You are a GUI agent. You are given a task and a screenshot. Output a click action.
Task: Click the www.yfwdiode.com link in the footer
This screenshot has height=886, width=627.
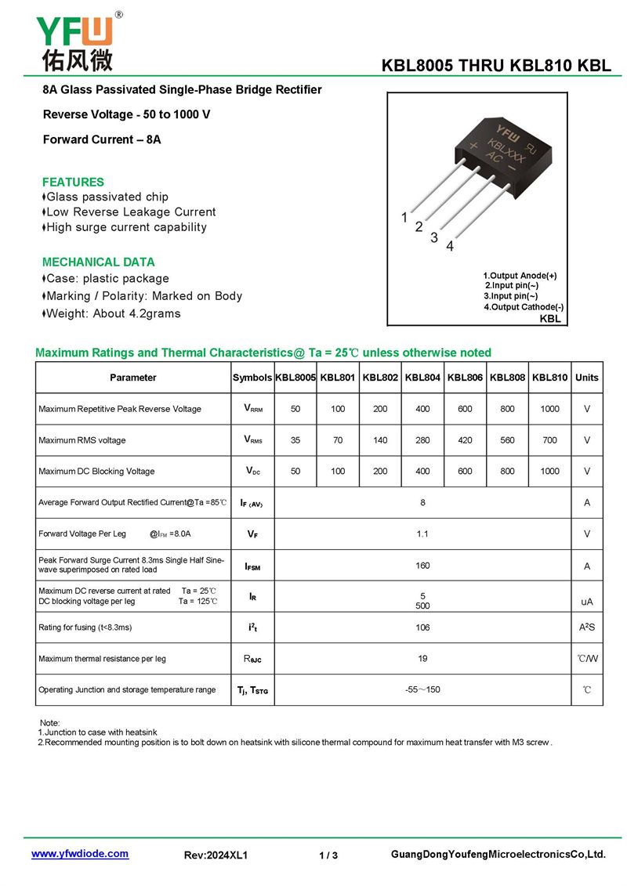pyautogui.click(x=80, y=854)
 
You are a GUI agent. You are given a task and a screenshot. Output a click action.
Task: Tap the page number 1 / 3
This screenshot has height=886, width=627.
pyautogui.click(x=328, y=855)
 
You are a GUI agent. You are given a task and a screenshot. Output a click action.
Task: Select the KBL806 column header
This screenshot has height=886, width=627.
pyautogui.click(x=466, y=378)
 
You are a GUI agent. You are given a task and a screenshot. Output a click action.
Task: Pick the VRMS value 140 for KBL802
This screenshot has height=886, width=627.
pyautogui.click(x=380, y=440)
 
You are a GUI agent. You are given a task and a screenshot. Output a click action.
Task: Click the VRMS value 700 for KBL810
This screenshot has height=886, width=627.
pyautogui.click(x=550, y=440)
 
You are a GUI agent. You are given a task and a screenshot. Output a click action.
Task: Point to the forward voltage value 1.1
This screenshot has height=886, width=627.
pyautogui.click(x=422, y=533)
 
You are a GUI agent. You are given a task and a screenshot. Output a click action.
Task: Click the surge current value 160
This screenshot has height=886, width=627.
pyautogui.click(x=422, y=565)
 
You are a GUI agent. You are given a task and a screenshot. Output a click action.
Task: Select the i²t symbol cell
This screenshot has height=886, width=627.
pyautogui.click(x=252, y=627)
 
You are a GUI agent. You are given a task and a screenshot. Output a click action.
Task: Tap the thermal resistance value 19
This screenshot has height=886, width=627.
pyautogui.click(x=422, y=659)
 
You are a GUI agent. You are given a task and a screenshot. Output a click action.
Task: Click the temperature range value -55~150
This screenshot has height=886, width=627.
pyautogui.click(x=422, y=690)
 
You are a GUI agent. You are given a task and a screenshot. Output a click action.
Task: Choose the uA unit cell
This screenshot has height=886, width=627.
pyautogui.click(x=586, y=602)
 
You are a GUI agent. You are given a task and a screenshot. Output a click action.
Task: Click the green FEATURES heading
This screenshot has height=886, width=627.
pyautogui.click(x=73, y=182)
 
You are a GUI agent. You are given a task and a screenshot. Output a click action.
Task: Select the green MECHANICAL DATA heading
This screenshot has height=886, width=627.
pyautogui.click(x=99, y=262)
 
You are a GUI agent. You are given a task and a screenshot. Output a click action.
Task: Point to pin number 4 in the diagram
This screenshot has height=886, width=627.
pyautogui.click(x=450, y=247)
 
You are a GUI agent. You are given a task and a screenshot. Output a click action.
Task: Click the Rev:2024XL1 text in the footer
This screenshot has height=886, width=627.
pyautogui.click(x=216, y=855)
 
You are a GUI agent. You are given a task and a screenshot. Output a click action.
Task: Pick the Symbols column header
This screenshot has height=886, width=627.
pyautogui.click(x=252, y=378)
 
